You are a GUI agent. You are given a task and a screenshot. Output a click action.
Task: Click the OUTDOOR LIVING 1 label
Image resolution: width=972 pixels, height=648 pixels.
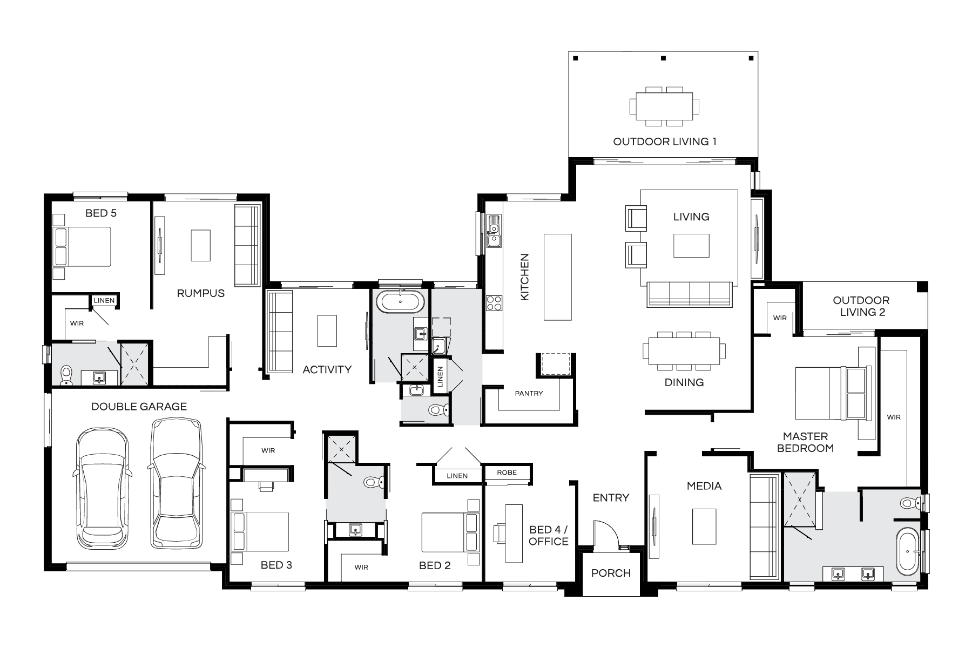(x=665, y=142)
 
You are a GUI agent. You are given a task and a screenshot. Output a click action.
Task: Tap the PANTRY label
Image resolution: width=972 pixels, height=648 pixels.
(x=529, y=393)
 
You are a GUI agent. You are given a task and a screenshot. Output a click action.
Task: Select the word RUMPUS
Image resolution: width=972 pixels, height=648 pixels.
(x=201, y=293)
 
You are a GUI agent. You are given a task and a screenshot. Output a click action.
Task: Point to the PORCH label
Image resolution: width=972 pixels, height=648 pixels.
(x=611, y=573)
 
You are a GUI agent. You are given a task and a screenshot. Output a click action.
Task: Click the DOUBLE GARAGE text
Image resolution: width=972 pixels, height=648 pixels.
(x=139, y=407)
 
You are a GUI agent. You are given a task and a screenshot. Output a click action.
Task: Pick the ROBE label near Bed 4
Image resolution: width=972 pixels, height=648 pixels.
(x=507, y=473)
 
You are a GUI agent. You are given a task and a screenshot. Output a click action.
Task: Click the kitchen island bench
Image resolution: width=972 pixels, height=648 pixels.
(x=557, y=276)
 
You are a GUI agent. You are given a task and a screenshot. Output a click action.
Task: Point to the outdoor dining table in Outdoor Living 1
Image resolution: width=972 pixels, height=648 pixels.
(x=664, y=106)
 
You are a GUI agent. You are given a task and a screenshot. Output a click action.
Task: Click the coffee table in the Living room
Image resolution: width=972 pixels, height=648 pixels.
(x=691, y=246)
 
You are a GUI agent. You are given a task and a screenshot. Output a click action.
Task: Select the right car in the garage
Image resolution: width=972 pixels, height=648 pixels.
(x=177, y=483)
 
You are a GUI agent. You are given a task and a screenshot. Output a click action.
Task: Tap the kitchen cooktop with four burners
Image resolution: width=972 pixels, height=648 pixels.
(x=494, y=303)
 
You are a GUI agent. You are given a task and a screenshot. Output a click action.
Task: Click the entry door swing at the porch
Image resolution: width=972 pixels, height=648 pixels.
(x=606, y=535)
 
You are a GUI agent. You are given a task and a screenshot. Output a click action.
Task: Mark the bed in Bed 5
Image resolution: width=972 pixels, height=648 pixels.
(x=82, y=247)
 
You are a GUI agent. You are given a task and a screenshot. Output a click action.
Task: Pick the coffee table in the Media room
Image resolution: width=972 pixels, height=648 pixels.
(x=704, y=526)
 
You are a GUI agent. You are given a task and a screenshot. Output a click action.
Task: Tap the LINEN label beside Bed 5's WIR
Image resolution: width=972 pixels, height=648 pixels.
(x=104, y=300)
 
